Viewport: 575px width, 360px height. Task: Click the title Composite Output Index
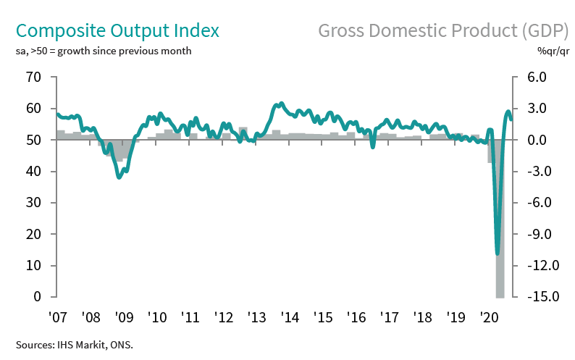117,31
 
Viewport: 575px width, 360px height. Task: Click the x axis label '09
123,317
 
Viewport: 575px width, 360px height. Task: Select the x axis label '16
355,317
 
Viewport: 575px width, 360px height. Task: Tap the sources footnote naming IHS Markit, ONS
75,344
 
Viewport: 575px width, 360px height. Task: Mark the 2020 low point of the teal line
497,254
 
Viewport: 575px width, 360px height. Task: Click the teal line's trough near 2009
119,177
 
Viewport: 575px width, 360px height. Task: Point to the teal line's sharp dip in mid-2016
373,147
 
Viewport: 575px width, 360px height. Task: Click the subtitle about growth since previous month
104,51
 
